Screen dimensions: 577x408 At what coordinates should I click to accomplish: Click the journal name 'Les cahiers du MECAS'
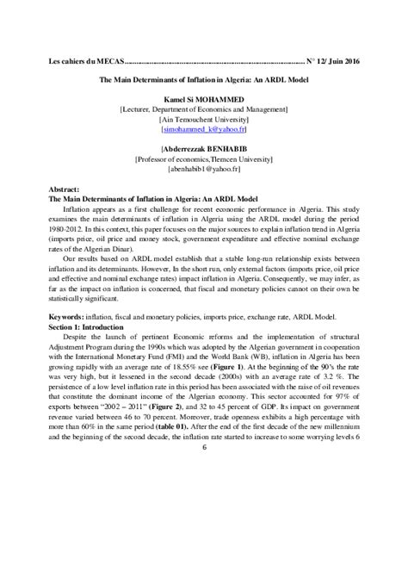(85, 62)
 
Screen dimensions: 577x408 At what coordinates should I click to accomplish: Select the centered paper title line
(204, 84)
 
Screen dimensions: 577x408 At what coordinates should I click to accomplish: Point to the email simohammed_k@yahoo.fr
(204, 127)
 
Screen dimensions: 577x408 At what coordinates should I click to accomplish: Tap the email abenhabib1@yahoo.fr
(204, 171)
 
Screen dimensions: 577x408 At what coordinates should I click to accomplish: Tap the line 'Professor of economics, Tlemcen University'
(204, 159)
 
